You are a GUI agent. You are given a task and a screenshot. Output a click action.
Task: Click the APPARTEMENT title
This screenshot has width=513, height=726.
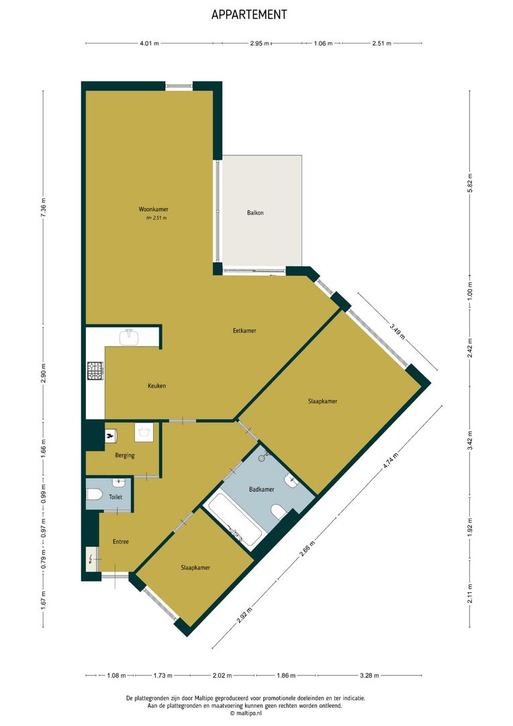[249, 15]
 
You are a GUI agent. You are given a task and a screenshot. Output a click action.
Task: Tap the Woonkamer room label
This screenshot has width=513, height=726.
[154, 209]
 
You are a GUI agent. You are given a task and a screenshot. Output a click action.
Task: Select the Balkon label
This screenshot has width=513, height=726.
[255, 213]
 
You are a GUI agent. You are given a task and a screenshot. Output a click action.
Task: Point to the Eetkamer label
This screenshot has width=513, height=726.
[244, 331]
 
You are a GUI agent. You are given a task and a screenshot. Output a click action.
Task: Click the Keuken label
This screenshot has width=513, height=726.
[157, 386]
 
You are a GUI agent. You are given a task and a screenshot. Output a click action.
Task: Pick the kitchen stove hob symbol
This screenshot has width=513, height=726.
[95, 371]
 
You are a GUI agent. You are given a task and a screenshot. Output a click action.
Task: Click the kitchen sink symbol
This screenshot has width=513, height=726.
[129, 337]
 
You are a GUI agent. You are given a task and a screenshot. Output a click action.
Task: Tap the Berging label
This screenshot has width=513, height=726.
[125, 456]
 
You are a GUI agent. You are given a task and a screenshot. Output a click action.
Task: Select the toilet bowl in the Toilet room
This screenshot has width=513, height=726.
[94, 495]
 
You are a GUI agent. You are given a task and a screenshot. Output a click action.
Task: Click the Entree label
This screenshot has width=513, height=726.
[121, 542]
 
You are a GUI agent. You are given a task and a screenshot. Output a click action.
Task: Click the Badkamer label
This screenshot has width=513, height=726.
[262, 489]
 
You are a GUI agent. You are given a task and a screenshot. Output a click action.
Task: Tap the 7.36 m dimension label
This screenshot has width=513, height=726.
[44, 208]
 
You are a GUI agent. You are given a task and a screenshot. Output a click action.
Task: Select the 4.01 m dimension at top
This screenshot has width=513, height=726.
[150, 44]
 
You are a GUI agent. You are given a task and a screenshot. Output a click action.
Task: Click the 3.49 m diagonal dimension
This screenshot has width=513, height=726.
[397, 332]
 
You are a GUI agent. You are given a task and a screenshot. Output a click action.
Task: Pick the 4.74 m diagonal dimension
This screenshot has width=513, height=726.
[390, 460]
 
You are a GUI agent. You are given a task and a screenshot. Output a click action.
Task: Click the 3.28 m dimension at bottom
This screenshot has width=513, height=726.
[369, 676]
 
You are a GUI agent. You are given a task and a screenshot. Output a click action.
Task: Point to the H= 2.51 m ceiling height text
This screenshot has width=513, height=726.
[156, 218]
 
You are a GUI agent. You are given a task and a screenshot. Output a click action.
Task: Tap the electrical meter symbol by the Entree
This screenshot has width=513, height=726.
[91, 559]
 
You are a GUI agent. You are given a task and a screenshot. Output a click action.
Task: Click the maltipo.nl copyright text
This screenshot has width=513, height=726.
[246, 713]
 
